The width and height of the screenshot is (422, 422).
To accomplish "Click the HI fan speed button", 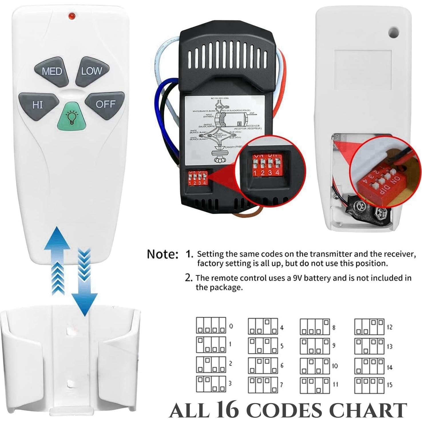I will click(38, 105).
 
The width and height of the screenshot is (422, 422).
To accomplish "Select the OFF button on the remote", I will click(105, 104).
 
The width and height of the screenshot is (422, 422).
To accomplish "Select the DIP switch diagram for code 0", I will click(211, 326).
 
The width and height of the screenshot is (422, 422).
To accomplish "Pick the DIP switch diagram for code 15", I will click(369, 385).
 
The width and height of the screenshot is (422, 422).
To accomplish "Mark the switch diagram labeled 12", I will click(369, 327).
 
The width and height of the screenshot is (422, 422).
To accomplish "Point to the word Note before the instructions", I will click(162, 254).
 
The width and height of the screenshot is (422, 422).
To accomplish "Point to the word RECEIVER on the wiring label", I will click(253, 126).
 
